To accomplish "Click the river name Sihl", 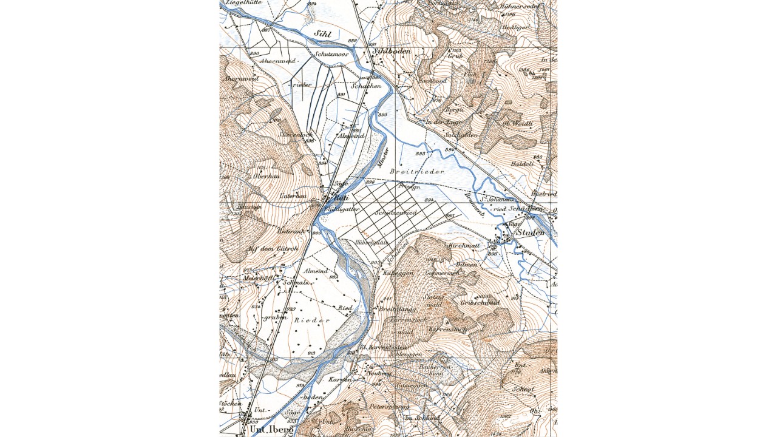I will pos(322,35).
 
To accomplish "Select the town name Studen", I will pos(530,232).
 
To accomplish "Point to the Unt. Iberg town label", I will pos(271,429).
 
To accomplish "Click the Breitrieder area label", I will pos(422,172).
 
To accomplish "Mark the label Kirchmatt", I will pos(464,246).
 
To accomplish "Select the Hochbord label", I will pos(432,81).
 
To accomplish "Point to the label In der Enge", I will pos(444,123).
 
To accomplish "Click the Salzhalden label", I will pos(461,135).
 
